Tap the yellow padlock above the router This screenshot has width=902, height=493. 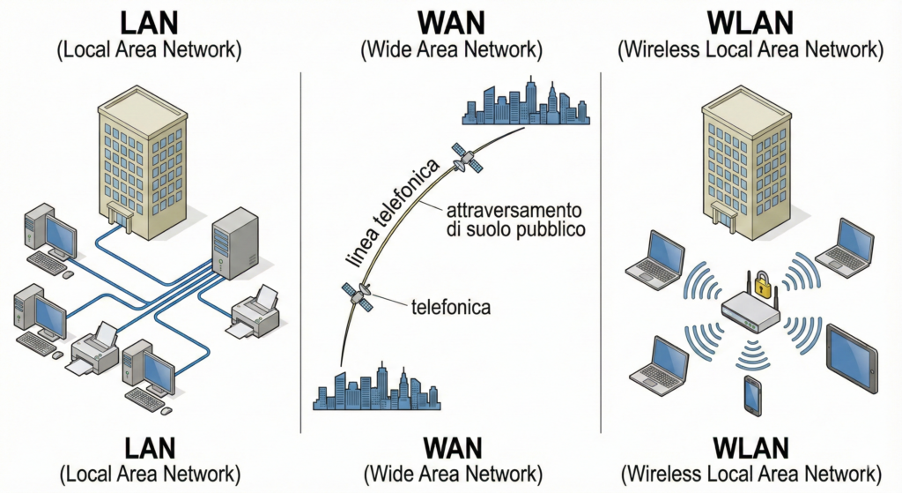(762, 283)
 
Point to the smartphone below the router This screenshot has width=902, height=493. (751, 395)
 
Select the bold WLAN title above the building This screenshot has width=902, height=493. (750, 19)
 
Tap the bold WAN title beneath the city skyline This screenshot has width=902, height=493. (451, 447)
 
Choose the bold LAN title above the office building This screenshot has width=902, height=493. (149, 19)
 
